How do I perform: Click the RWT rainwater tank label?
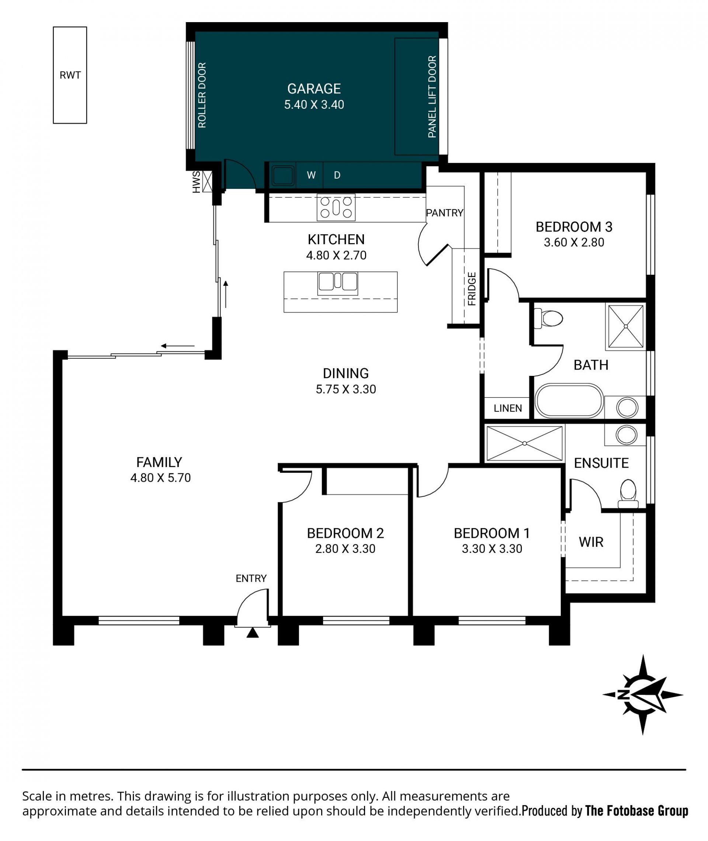70,75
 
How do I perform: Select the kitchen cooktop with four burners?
336,207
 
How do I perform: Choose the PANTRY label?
445,213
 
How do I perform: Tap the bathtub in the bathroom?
569,401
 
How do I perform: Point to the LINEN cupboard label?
508,408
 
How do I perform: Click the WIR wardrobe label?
591,542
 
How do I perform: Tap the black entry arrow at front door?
253,633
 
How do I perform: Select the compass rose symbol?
643,695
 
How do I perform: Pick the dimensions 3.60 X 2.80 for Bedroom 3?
574,242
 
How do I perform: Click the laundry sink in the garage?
282,175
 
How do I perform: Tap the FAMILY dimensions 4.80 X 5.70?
160,478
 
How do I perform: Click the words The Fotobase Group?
636,811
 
